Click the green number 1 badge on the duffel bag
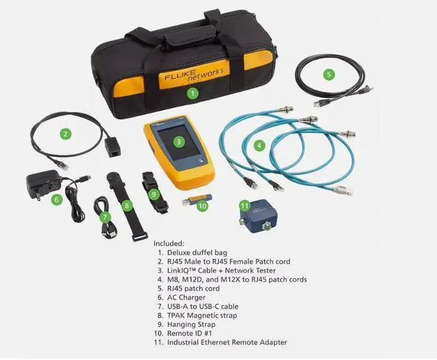[x=193, y=92]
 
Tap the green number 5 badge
[x=328, y=74]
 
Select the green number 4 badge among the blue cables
[x=259, y=145]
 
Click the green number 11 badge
[x=245, y=205]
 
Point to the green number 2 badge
[x=66, y=134]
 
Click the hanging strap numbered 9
[x=154, y=192]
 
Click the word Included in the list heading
[x=170, y=243]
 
